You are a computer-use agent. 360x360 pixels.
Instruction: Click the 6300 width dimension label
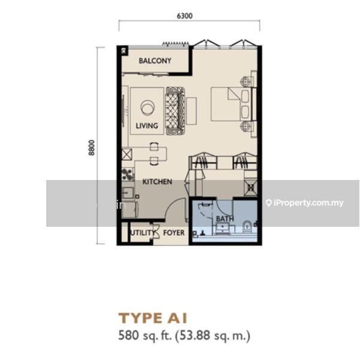point(185,16)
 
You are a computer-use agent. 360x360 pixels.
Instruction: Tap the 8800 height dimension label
point(91,148)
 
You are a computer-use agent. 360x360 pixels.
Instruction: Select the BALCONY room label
point(155,61)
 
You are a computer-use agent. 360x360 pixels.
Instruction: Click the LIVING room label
point(147,126)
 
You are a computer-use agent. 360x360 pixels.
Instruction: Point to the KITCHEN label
point(157,182)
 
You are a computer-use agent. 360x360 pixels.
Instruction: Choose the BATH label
point(225,219)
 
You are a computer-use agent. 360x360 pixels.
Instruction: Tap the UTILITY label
point(143,233)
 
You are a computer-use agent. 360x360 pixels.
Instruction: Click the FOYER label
point(174,233)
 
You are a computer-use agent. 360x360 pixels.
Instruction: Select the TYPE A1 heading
point(152,318)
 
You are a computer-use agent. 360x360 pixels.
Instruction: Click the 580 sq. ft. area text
point(145,335)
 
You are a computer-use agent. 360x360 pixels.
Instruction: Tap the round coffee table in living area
point(148,107)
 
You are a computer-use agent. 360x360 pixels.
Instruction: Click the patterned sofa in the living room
point(175,110)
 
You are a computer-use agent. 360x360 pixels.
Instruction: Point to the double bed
point(232,104)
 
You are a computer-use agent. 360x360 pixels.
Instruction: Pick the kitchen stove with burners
point(127,175)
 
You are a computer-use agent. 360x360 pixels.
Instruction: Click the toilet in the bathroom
point(247,226)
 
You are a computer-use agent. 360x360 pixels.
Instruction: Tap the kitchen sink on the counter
point(128,193)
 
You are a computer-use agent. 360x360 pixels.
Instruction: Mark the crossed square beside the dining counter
point(127,154)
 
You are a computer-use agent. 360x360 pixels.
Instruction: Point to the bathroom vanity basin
point(222,228)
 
